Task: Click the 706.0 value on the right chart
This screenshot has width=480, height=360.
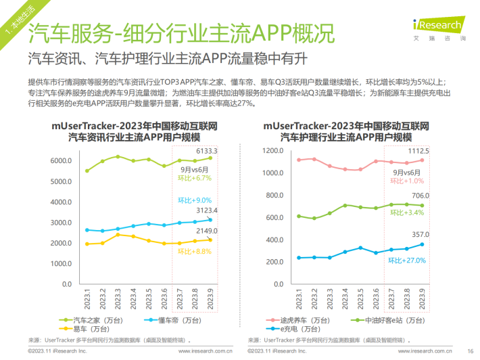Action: (421, 196)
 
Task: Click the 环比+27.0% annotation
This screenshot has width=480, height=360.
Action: (406, 260)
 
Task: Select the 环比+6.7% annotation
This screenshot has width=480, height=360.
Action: (195, 179)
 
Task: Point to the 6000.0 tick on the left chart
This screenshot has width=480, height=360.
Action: (60, 161)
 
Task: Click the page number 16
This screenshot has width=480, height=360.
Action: (470, 351)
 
